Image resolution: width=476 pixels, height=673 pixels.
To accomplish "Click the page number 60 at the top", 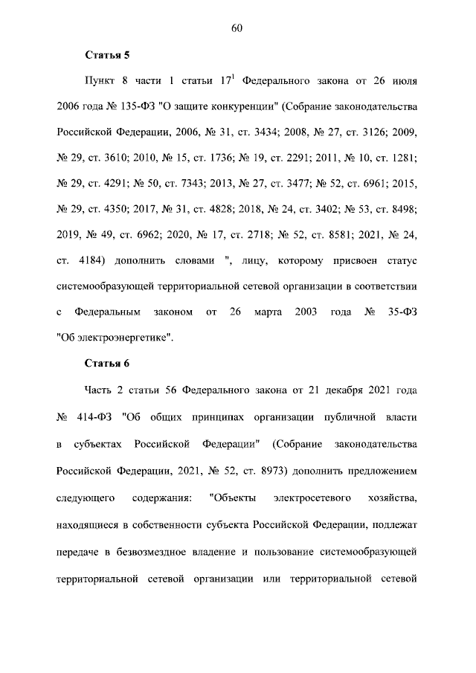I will (237, 28).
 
